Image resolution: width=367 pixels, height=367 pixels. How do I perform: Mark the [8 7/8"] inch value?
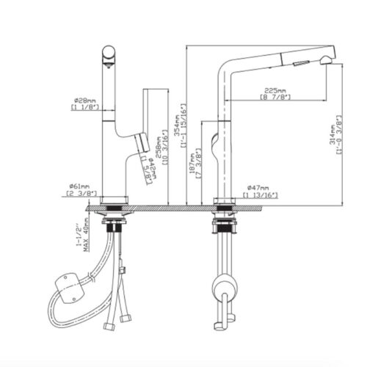(276, 96)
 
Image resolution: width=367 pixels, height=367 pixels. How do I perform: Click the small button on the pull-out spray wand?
(299, 63)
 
